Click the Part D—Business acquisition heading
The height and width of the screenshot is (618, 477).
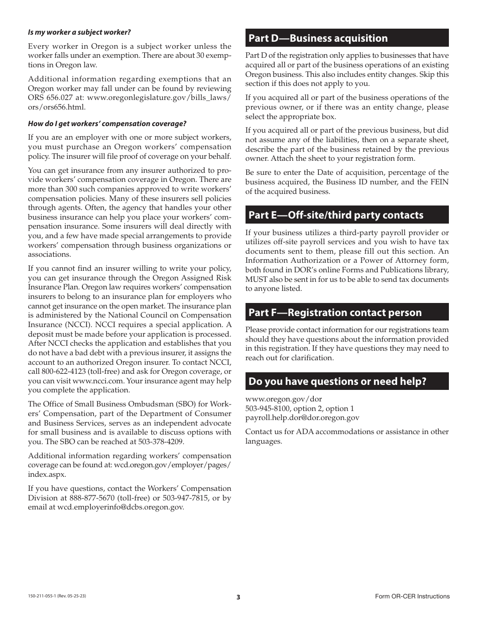coord(318,38)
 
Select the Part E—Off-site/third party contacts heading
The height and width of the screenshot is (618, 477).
coord(336,215)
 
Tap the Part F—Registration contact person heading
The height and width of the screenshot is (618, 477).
coord(335,313)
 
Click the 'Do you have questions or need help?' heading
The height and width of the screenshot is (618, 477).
coord(337,381)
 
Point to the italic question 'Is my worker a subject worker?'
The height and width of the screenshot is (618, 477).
coord(79,32)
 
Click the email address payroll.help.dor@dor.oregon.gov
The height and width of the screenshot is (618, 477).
coord(302,418)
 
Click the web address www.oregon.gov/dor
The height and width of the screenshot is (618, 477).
coord(277,399)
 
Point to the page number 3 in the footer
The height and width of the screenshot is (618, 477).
coord(238,597)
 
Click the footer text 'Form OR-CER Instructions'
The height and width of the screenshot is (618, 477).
coord(412,596)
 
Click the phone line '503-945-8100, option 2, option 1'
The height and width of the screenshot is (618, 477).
coord(299,408)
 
